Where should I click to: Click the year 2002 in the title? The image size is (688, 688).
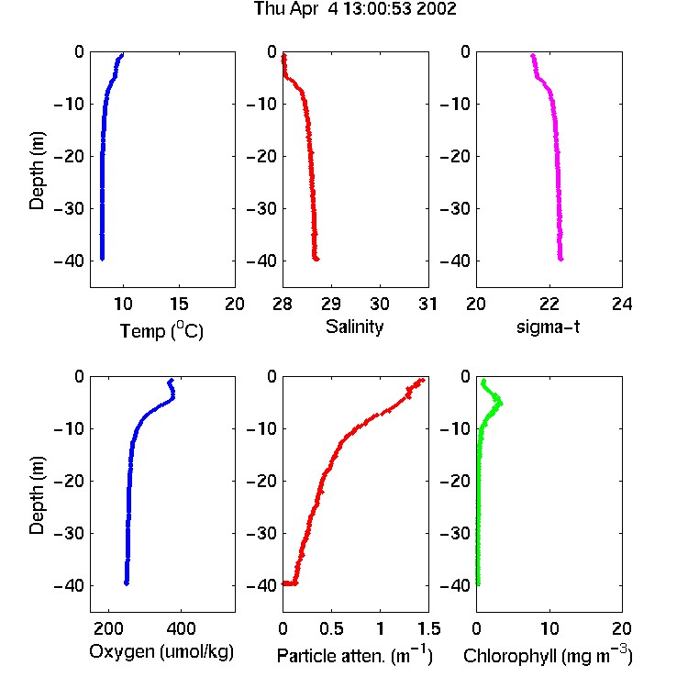(x=436, y=9)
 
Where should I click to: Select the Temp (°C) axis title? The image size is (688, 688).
(x=161, y=330)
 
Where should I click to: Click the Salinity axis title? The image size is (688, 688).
(x=354, y=327)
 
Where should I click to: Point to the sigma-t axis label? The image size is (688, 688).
(x=548, y=327)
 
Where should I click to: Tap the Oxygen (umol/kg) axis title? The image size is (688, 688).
(x=161, y=652)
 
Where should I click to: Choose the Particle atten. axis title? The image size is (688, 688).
(x=354, y=656)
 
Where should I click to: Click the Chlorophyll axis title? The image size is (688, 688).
(x=548, y=656)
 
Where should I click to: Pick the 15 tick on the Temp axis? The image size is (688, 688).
(x=179, y=304)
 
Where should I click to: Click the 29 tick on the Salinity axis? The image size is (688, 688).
(x=331, y=304)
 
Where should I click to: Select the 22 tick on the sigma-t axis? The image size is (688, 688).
(x=549, y=304)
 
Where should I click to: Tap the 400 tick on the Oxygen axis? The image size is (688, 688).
(x=181, y=628)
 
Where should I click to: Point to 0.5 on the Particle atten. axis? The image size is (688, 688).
(x=331, y=628)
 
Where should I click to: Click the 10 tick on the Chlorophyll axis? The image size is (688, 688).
(x=549, y=628)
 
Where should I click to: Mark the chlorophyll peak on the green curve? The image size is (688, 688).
(x=501, y=404)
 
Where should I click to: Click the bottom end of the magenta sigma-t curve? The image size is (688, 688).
(x=560, y=259)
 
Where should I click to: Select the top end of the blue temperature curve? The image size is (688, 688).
(x=122, y=55)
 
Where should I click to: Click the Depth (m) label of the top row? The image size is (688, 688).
(x=37, y=171)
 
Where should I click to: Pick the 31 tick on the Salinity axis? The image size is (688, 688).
(x=427, y=304)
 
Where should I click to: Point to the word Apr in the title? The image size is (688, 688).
(x=304, y=9)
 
